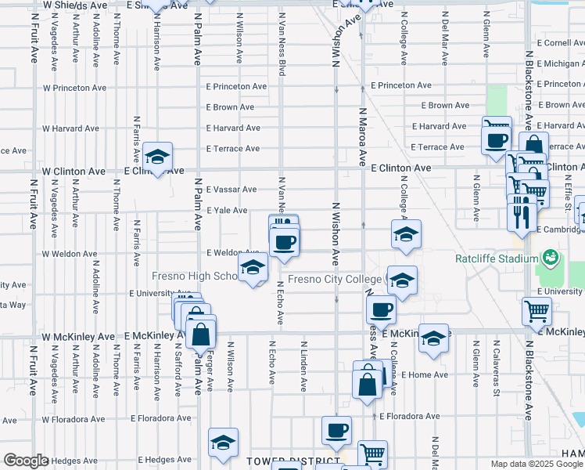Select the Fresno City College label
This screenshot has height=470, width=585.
pos(335,280)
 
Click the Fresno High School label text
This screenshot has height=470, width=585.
pos(196,277)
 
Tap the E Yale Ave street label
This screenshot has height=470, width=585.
pos(227,210)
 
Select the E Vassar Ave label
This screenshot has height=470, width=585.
pos(231,190)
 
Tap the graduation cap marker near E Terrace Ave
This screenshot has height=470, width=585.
pos(157,157)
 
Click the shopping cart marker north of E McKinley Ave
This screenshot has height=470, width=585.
pos(537,311)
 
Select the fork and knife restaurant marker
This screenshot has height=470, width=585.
pos(522,211)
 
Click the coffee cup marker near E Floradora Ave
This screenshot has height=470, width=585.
pos(336,430)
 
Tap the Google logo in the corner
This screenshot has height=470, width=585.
pos(26,461)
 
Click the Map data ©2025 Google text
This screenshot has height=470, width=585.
pos(537,464)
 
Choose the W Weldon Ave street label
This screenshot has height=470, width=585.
pos(70,254)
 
